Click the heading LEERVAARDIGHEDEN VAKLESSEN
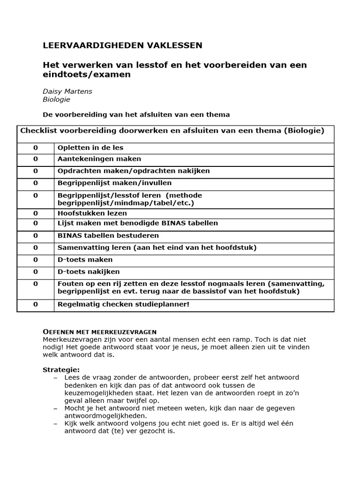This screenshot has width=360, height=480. (x=123, y=45)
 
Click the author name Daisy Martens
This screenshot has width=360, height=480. (x=67, y=91)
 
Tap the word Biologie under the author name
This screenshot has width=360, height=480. (x=56, y=99)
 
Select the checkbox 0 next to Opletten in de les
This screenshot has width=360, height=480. (x=36, y=148)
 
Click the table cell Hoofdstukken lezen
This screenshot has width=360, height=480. (x=92, y=213)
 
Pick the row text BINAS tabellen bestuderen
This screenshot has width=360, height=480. (x=108, y=235)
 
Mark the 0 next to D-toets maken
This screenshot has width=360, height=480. (x=36, y=260)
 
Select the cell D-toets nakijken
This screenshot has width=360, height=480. (x=89, y=271)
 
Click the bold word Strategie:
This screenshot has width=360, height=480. (x=61, y=369)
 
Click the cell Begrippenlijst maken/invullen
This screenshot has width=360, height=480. (x=115, y=183)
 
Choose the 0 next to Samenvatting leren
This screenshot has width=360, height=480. (x=36, y=247)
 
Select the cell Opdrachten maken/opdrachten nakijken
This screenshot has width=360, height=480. (x=134, y=171)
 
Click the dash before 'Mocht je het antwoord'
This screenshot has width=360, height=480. (x=56, y=408)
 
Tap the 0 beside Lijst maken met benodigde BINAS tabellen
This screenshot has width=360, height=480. (x=36, y=223)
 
